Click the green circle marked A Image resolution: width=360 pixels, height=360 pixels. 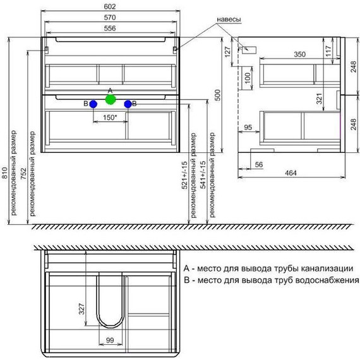111,99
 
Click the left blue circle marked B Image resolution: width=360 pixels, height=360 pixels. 93,104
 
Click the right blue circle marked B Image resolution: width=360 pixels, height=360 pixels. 128,104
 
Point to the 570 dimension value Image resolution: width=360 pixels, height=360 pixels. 111,18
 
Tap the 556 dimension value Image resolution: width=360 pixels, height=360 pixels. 111,29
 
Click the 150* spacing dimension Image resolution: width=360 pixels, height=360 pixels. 110,117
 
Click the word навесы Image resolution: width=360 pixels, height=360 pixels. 229,20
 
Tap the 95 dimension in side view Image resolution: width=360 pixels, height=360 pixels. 248,128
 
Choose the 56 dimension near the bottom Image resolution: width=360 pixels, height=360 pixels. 259,165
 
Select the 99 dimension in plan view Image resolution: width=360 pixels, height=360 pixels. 110,340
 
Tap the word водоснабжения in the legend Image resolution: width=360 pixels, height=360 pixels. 326,279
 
